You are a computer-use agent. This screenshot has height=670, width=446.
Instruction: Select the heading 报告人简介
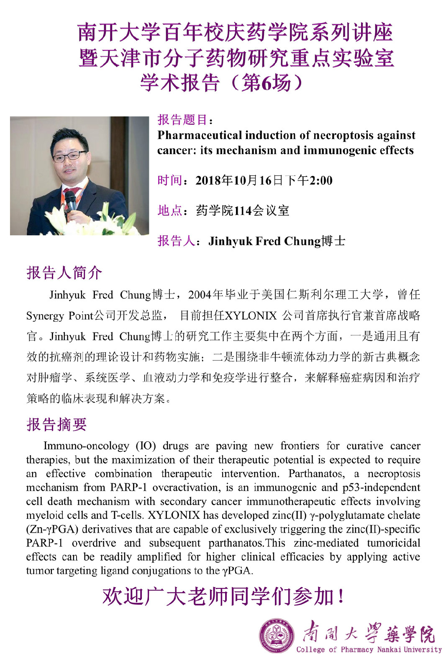[x=64, y=273]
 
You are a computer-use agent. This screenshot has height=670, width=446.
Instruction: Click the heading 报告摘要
[x=57, y=424]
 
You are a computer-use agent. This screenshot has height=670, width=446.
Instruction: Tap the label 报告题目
[x=183, y=120]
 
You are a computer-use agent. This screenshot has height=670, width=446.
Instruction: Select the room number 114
[x=243, y=210]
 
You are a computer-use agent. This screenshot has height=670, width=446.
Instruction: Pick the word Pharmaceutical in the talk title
[x=200, y=135]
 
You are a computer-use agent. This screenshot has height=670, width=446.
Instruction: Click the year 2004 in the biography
[x=200, y=295]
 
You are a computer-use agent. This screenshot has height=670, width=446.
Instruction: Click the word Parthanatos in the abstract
[x=316, y=474]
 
